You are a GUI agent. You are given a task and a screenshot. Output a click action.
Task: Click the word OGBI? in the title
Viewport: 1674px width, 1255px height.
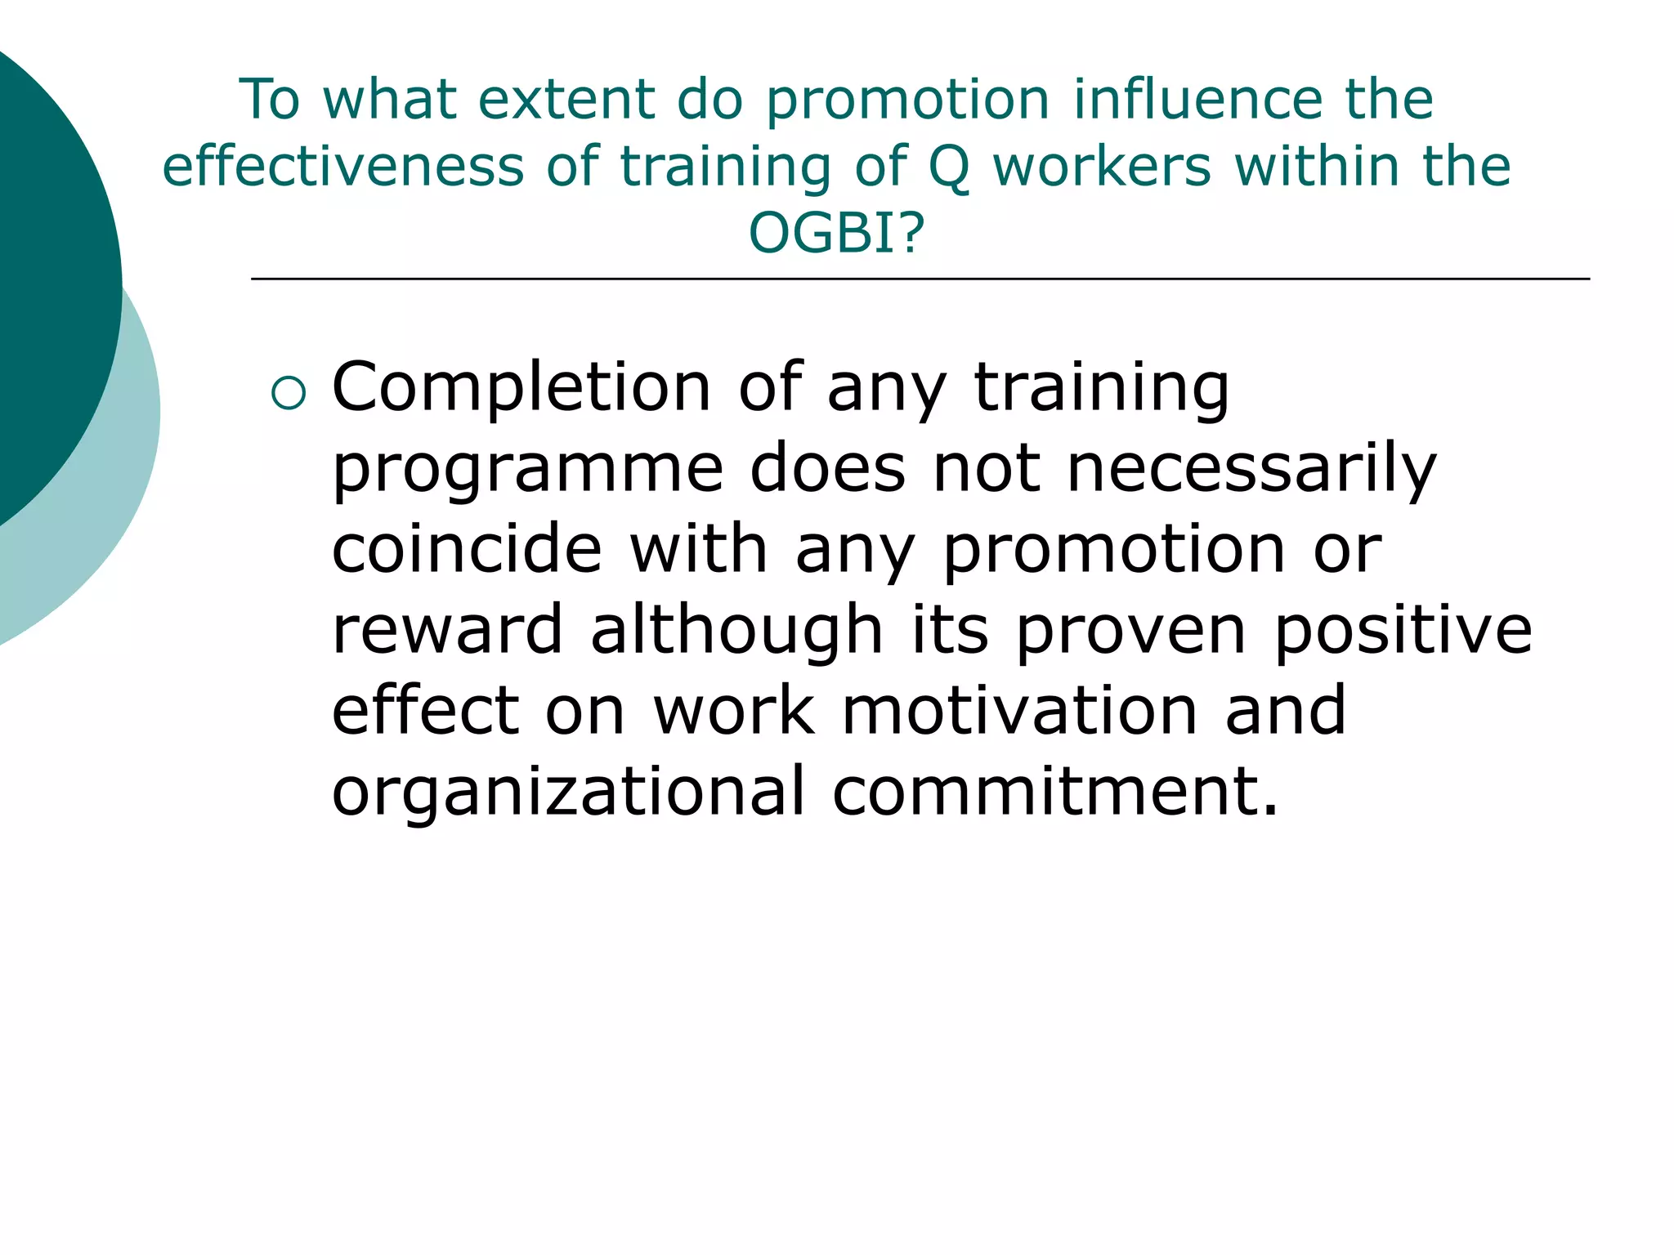(x=836, y=233)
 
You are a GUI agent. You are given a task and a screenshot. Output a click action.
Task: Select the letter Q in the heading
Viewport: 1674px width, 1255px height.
(x=949, y=167)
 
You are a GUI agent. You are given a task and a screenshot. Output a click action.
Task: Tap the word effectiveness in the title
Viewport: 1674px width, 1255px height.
(x=342, y=167)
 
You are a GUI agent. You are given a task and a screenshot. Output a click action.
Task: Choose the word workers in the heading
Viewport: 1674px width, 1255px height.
(x=1101, y=167)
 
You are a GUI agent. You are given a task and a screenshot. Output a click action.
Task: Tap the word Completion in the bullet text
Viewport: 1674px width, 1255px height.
(x=521, y=388)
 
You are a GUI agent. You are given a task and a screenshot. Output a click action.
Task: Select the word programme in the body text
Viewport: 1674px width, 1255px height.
(x=527, y=470)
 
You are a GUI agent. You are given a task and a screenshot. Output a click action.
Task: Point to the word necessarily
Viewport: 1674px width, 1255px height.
(x=1251, y=470)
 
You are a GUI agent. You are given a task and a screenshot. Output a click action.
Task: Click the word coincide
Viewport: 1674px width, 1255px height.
(x=467, y=549)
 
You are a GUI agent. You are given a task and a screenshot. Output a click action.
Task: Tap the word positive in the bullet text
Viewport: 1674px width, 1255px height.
(x=1403, y=631)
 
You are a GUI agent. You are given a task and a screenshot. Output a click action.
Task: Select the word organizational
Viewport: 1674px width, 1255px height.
(x=569, y=792)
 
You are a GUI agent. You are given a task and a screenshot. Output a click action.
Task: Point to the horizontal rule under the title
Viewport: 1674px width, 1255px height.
(x=920, y=279)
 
